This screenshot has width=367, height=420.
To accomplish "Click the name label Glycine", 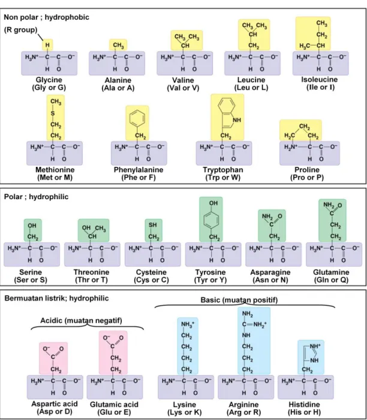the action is pyautogui.click(x=49, y=80).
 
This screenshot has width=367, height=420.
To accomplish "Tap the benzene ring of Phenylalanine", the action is pyautogui.click(x=137, y=118).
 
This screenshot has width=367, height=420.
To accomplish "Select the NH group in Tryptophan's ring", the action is pyautogui.click(x=237, y=120).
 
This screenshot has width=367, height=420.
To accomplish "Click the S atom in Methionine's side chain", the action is pyautogui.click(x=53, y=113).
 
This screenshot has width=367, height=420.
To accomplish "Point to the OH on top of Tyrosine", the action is pyautogui.click(x=213, y=203).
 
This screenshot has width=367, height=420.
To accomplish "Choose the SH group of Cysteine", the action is pyautogui.click(x=152, y=225).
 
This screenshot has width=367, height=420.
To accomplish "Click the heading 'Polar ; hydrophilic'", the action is pyautogui.click(x=36, y=197).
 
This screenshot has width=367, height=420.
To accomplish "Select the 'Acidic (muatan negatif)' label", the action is pyautogui.click(x=81, y=320).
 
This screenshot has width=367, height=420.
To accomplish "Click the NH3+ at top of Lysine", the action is pyautogui.click(x=188, y=325).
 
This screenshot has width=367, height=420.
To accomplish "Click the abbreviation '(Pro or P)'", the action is pyautogui.click(x=307, y=178).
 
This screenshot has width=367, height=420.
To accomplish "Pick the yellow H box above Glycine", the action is pyautogui.click(x=47, y=45).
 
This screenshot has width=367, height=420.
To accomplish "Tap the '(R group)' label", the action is pyautogui.click(x=20, y=30).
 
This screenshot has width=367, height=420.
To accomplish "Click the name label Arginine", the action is pyautogui.click(x=243, y=404).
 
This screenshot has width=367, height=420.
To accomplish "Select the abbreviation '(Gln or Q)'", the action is pyautogui.click(x=331, y=280).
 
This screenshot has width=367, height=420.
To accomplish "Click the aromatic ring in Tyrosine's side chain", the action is pyautogui.click(x=211, y=220).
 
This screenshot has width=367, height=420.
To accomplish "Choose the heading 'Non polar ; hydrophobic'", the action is pyautogui.click(x=46, y=17).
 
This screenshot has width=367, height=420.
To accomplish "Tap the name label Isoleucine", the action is pyautogui.click(x=320, y=80).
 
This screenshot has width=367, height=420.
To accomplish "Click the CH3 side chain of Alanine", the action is pyautogui.click(x=118, y=45).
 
